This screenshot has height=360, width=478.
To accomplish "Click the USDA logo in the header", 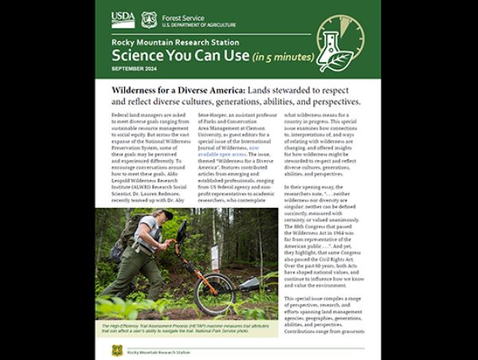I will point(123,18).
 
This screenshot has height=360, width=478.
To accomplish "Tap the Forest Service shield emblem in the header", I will point(148,18).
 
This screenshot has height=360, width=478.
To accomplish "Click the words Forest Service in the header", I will point(180,14).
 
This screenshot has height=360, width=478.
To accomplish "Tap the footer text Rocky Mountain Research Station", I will point(140,351).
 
